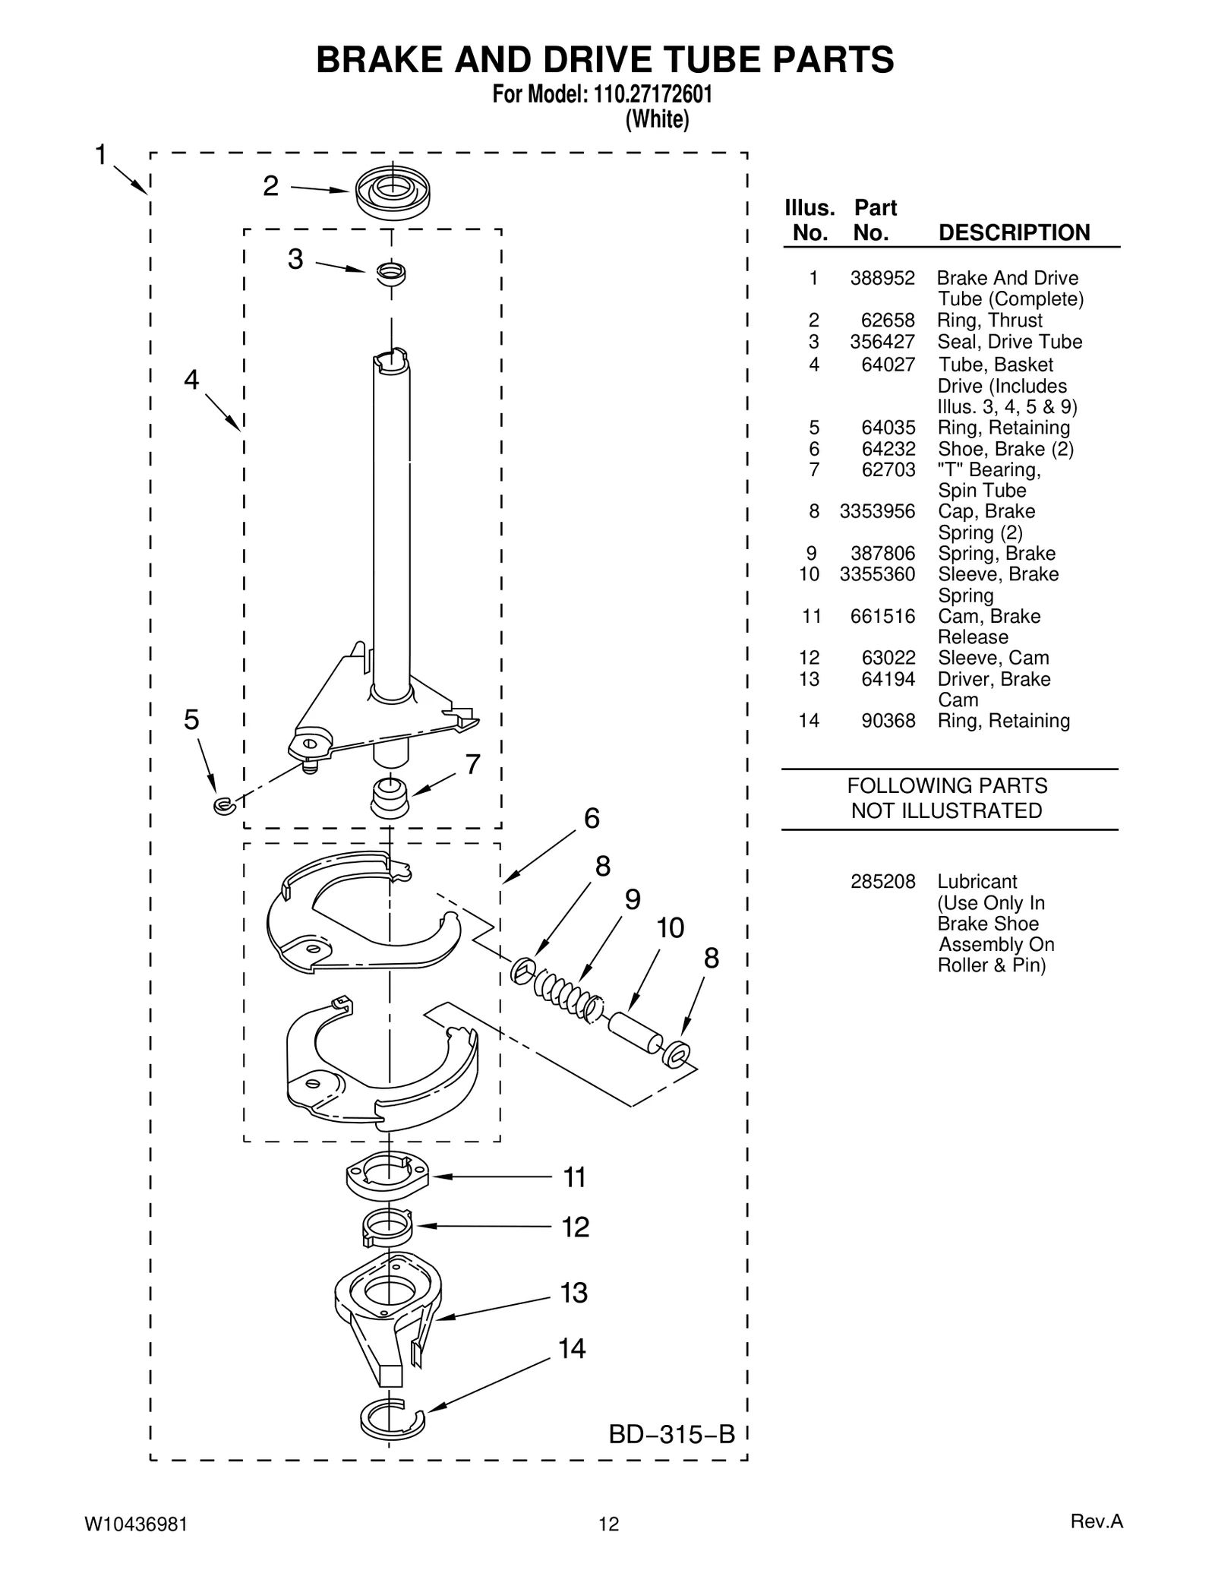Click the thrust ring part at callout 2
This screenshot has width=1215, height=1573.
pos(392,192)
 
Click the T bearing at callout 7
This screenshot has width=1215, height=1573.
pos(390,798)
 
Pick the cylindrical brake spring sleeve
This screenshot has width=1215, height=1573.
pos(636,1032)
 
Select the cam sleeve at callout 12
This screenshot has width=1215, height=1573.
pos(387,1226)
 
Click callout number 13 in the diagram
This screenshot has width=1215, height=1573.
pos(574,1293)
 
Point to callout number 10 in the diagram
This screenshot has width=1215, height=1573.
pos(670,927)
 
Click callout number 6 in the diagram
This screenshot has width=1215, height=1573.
pos(592,818)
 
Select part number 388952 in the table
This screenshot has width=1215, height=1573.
pos(882,278)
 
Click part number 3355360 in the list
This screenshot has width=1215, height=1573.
pos(877,574)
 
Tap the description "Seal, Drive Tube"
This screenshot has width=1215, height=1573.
pos(1009,342)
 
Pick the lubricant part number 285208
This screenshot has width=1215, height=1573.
pos(882,882)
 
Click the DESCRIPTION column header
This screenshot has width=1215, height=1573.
pos(1014,232)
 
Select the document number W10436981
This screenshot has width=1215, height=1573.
pos(136,1524)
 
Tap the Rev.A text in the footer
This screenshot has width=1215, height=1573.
pos(1096,1521)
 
